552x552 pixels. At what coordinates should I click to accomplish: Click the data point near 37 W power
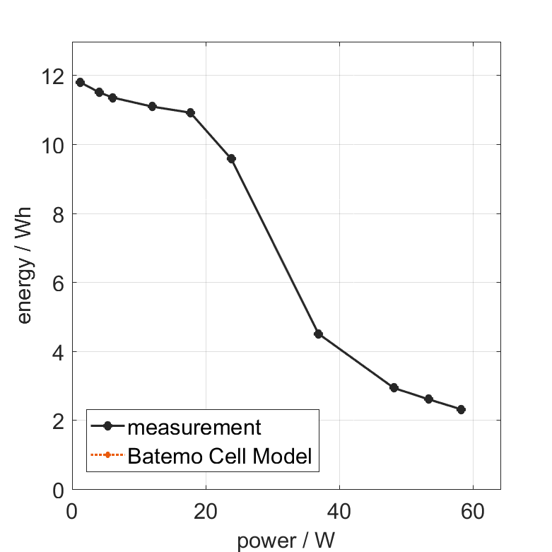pos(318,334)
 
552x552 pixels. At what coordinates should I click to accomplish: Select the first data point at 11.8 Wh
pos(80,82)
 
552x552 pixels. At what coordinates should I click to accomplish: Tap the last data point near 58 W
pos(461,409)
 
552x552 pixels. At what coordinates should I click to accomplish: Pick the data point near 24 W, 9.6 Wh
pos(231,158)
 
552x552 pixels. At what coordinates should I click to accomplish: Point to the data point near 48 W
pos(394,387)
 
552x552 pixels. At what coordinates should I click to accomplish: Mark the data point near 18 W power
pos(190,112)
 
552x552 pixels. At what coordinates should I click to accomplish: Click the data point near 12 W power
pos(152,106)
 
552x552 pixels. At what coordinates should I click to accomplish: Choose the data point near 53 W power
pos(428,399)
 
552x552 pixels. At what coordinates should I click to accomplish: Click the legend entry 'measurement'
pos(194,427)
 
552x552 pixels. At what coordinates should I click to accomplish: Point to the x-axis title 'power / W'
pos(286,541)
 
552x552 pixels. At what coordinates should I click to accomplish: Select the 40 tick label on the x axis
pos(339,511)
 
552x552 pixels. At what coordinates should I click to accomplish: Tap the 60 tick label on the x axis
pos(473,511)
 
